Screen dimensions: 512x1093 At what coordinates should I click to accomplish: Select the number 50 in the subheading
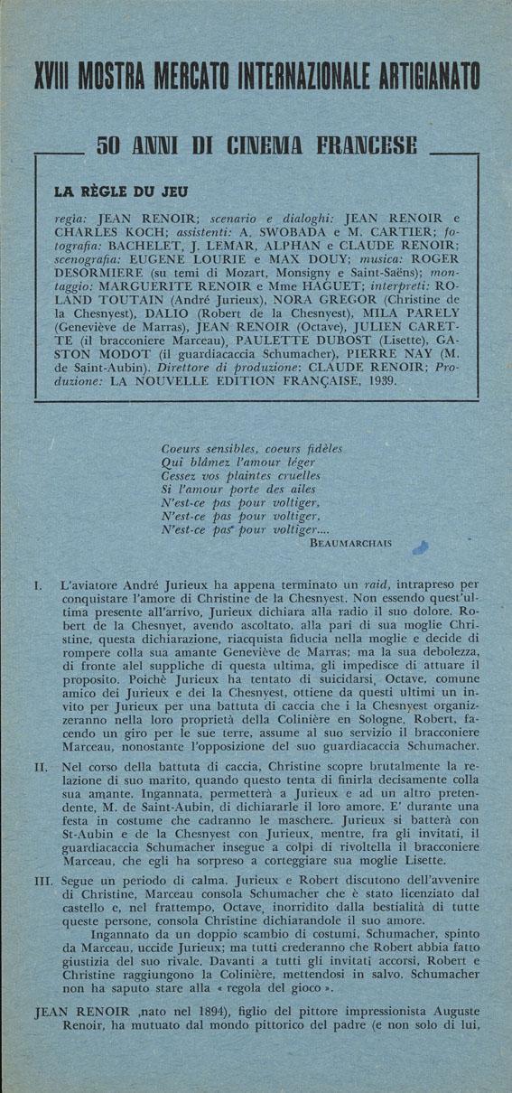(111, 145)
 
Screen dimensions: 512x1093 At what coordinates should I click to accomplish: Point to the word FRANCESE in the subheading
(361, 145)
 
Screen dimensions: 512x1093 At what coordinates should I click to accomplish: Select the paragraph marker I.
(37, 586)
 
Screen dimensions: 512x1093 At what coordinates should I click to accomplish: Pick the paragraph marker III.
(42, 880)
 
